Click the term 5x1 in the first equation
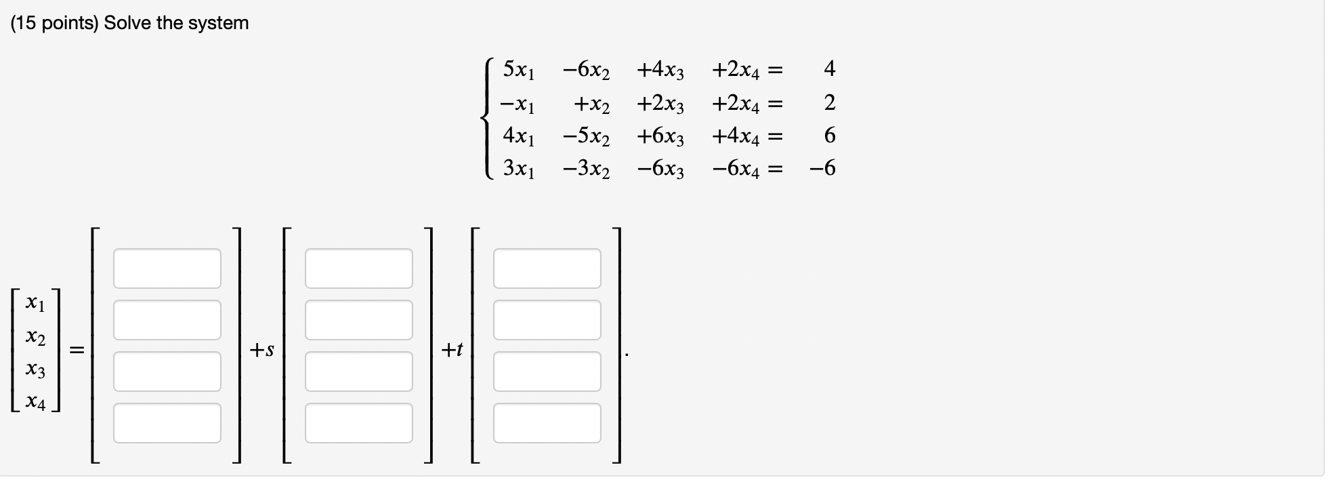coord(519,69)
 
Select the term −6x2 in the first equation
coord(586,69)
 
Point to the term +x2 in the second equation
coord(591,104)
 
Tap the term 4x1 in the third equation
coord(519,136)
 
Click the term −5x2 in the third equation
coord(586,136)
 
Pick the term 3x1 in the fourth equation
coord(519,169)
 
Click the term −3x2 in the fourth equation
coord(586,169)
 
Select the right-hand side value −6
coord(822,168)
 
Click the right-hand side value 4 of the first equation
coord(829,68)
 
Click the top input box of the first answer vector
coord(167,268)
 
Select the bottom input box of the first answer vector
coord(167,423)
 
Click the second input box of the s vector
coord(358,320)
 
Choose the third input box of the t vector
coord(547,372)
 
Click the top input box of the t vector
coord(547,268)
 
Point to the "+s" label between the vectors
coord(261,350)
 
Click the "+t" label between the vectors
coord(452,350)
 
